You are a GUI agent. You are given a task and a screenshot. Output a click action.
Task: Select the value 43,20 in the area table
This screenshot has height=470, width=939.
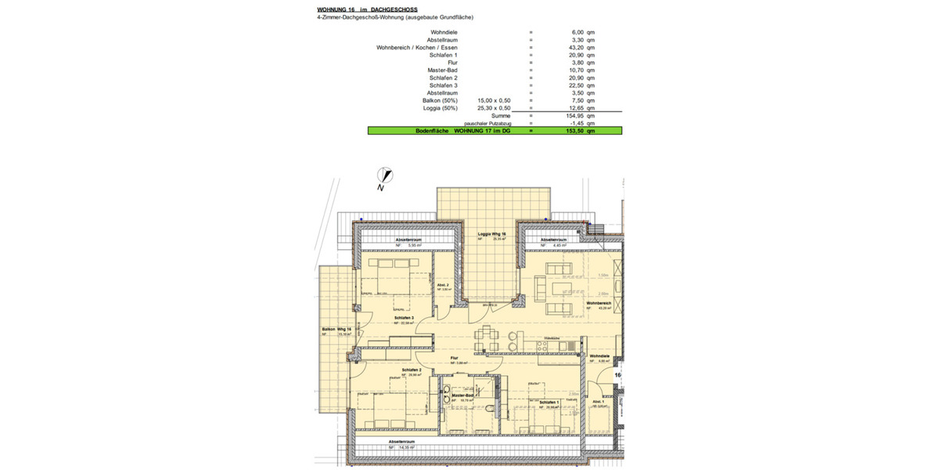[574, 47]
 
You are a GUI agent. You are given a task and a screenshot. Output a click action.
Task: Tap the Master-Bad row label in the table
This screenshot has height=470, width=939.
[443, 70]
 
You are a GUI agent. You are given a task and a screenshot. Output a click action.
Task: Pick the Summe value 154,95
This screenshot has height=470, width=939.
[573, 116]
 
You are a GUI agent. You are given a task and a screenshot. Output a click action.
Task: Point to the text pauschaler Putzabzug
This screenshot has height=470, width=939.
[490, 124]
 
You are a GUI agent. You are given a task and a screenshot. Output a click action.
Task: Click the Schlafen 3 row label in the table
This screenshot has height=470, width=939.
[443, 85]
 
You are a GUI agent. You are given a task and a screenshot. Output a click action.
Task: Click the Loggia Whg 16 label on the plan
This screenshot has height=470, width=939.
[492, 234]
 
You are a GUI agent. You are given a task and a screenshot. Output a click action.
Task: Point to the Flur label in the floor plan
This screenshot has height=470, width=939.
[453, 358]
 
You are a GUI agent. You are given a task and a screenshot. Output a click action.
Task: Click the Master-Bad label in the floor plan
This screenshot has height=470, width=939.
[464, 396]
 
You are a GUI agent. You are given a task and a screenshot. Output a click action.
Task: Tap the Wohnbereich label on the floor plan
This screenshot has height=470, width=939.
[599, 303]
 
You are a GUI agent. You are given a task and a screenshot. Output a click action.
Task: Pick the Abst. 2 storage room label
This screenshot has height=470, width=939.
[442, 284]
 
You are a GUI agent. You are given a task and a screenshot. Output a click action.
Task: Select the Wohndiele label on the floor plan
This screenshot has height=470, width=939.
[599, 356]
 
